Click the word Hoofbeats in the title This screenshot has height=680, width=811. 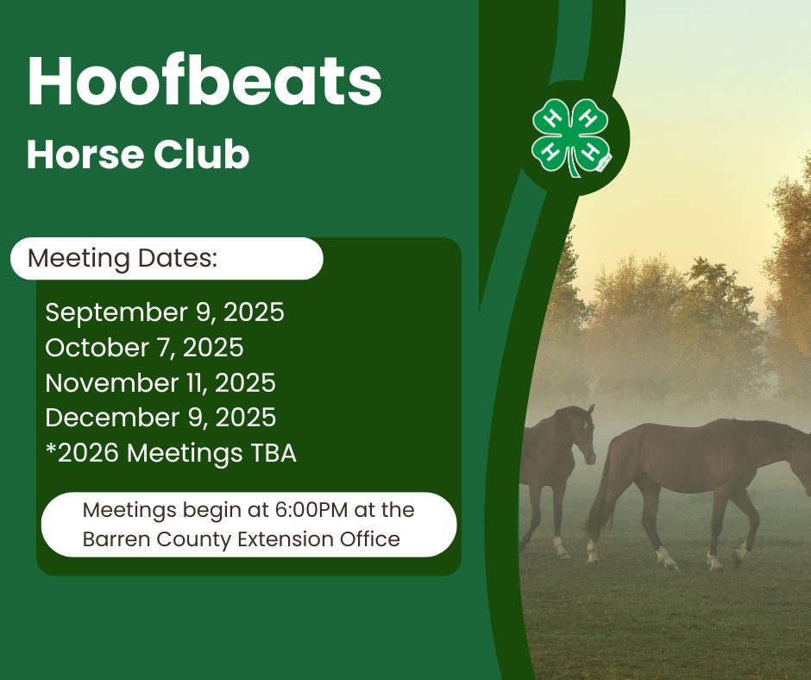point(204,82)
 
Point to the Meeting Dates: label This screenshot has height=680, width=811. point(123,258)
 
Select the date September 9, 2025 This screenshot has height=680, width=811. point(164,312)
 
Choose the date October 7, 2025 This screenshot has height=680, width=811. point(144,348)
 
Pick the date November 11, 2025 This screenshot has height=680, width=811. point(160,382)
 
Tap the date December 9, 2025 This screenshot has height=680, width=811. point(160,418)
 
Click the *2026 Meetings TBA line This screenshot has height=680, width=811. point(170,453)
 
